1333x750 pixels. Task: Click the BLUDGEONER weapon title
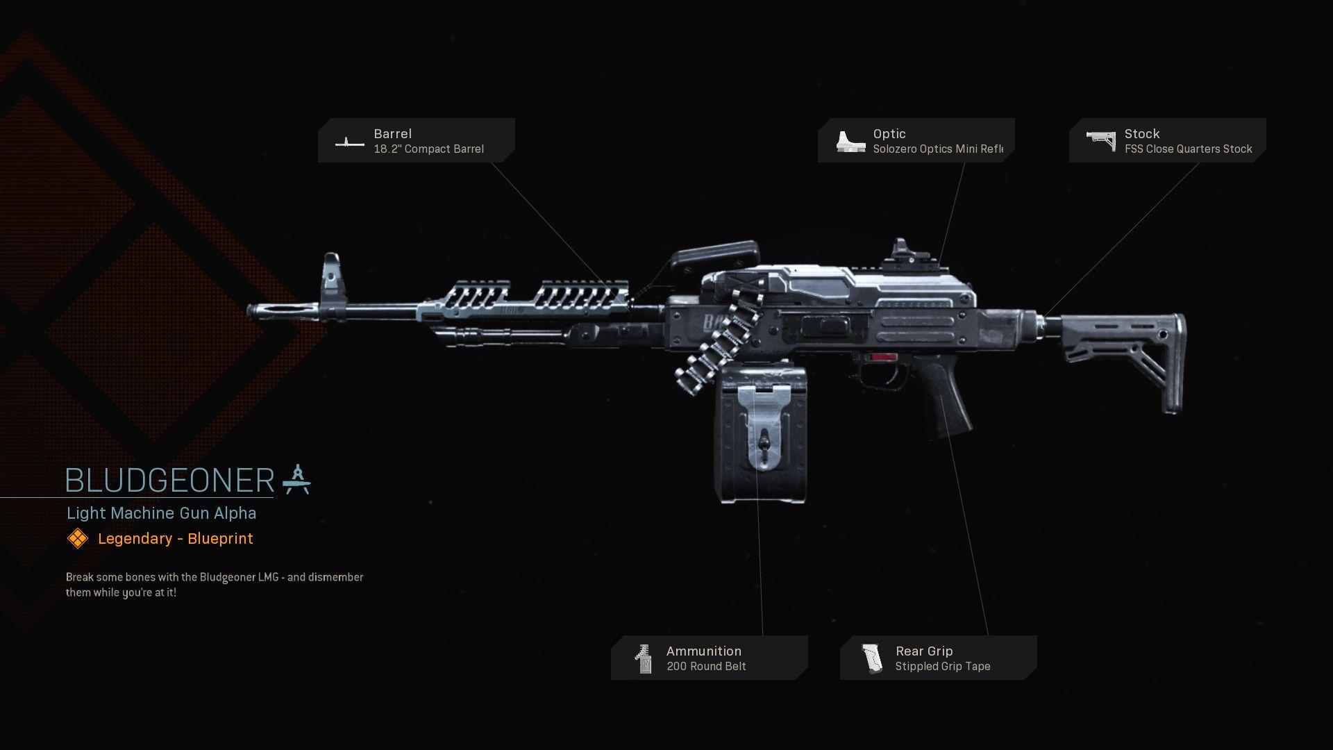[x=169, y=481]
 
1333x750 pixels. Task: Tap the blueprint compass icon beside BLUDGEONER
[x=297, y=480]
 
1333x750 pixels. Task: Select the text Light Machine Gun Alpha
[x=161, y=513]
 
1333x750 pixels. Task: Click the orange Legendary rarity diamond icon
[x=77, y=538]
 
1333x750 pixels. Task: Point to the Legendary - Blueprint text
[x=175, y=539]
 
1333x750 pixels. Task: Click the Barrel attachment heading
[x=392, y=133]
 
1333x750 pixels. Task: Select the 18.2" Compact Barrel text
[x=428, y=149]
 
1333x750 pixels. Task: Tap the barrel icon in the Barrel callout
[x=349, y=142]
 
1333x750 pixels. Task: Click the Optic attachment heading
[x=889, y=133]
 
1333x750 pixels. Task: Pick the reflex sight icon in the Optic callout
[x=850, y=142]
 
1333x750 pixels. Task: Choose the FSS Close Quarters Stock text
[x=1188, y=149]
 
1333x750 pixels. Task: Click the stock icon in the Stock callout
[x=1100, y=141]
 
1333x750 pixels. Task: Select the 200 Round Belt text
[x=706, y=667]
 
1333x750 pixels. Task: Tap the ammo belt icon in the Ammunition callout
[x=644, y=659]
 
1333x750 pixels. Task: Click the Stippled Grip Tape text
[x=942, y=667]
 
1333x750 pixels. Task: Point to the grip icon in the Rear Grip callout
[x=871, y=659]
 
